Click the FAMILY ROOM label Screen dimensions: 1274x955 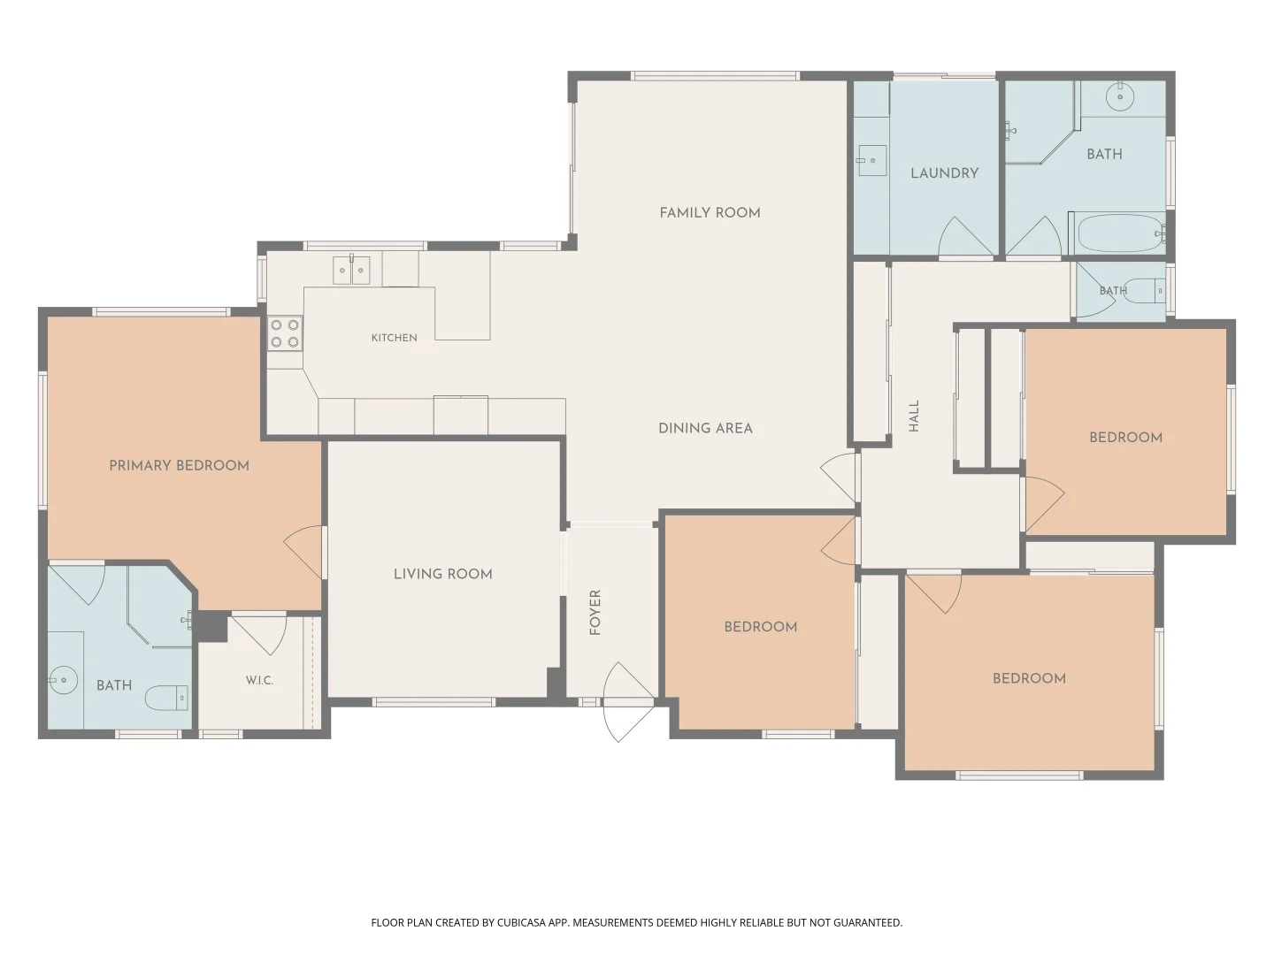point(710,213)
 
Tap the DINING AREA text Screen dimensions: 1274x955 point(705,428)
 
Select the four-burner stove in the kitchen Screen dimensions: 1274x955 point(285,333)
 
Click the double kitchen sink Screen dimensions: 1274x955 point(351,271)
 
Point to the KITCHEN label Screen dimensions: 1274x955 point(394,338)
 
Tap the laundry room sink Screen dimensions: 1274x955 point(871,160)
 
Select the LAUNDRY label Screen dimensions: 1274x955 point(944,172)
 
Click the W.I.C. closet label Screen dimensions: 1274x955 point(259,680)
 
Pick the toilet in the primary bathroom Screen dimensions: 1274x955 point(166,699)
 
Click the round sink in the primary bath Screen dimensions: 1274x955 point(63,680)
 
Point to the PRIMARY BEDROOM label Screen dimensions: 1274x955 point(180,465)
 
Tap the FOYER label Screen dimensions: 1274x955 point(595,612)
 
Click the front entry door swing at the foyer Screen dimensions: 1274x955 point(628,701)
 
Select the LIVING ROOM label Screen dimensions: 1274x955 point(443,574)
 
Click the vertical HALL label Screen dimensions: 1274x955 point(914,416)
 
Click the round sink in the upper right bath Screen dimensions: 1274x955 point(1119,96)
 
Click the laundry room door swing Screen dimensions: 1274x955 point(965,236)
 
